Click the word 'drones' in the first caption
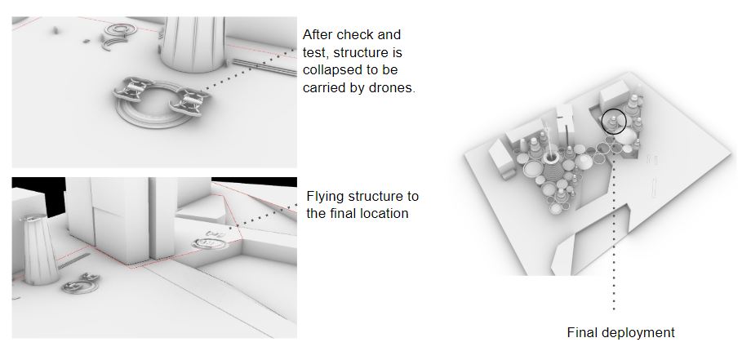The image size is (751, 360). pyautogui.click(x=392, y=87)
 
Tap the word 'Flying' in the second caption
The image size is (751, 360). pyautogui.click(x=325, y=197)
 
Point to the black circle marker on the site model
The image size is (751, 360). pyautogui.click(x=614, y=122)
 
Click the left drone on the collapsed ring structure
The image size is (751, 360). pyautogui.click(x=131, y=90)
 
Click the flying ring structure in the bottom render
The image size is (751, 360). pyautogui.click(x=215, y=241)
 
